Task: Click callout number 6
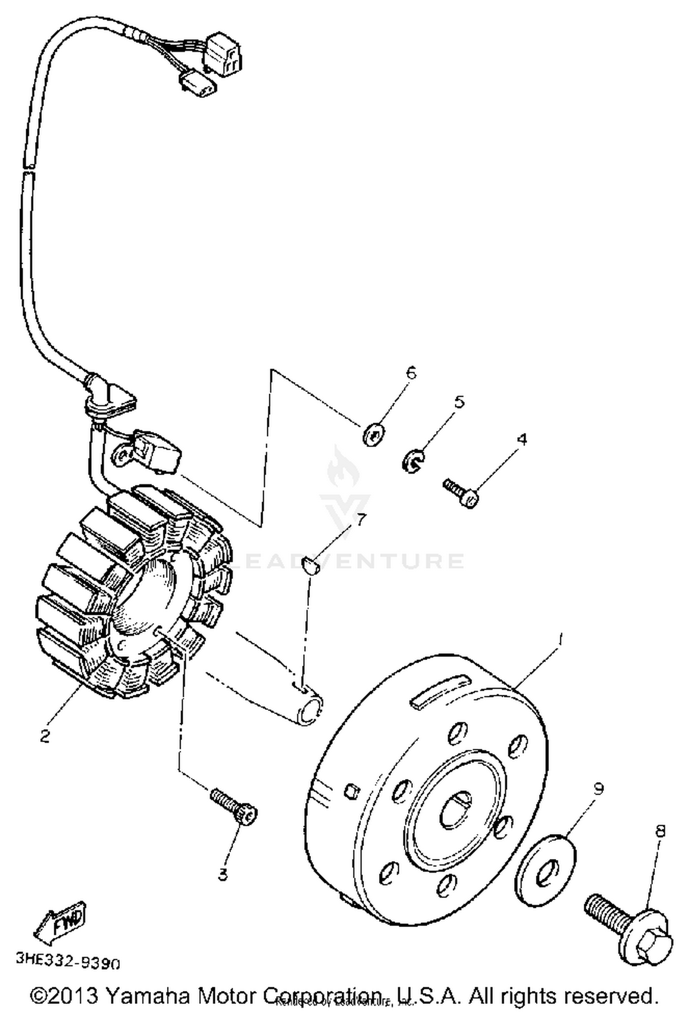(x=411, y=372)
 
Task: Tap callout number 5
(x=459, y=402)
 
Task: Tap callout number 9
(x=598, y=788)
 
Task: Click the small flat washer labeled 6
(x=374, y=433)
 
